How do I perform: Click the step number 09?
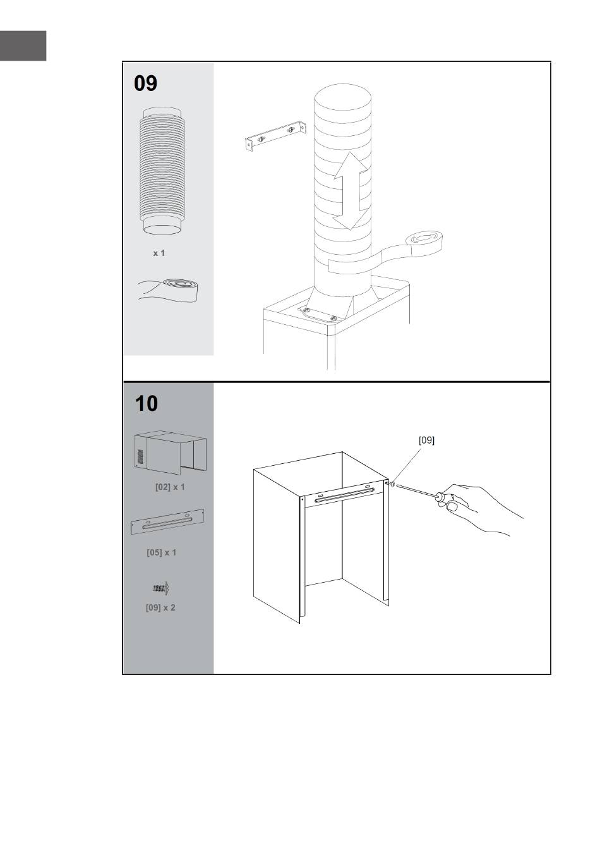tap(145, 83)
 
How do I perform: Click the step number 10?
tap(147, 403)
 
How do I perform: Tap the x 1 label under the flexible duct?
tap(159, 253)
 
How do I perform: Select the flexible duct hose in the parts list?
tap(161, 171)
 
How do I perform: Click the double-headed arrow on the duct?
tap(351, 191)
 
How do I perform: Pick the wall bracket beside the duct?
tap(276, 135)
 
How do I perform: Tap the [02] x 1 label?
tap(170, 487)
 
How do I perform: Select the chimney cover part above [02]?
tap(171, 453)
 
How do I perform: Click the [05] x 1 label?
tap(162, 552)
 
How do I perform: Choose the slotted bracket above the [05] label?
tap(167, 521)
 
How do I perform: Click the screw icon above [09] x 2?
tap(160, 588)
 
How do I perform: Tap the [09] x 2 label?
tap(160, 607)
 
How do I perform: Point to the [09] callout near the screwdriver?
tap(426, 440)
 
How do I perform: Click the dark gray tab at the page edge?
tap(23, 46)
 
